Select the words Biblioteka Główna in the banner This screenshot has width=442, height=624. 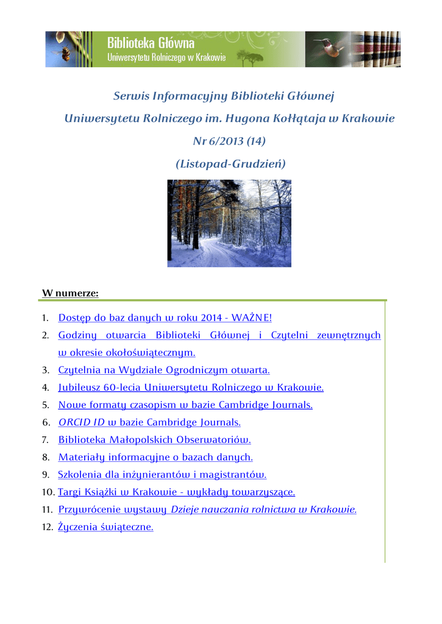151,43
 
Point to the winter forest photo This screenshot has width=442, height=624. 229,223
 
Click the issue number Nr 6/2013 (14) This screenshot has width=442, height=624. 229,141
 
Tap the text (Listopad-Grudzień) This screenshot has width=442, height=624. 230,164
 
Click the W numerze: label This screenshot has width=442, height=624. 70,293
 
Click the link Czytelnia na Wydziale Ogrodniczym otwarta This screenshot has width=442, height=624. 163,370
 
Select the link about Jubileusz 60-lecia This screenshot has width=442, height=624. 191,387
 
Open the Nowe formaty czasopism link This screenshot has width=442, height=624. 185,405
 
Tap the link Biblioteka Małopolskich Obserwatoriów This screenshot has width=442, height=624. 154,439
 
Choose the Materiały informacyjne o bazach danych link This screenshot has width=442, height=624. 155,457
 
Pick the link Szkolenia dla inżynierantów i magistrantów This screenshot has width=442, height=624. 162,474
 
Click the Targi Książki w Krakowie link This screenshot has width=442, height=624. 176,492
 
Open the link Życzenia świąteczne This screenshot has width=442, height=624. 105,527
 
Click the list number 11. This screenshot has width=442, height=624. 47,509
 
